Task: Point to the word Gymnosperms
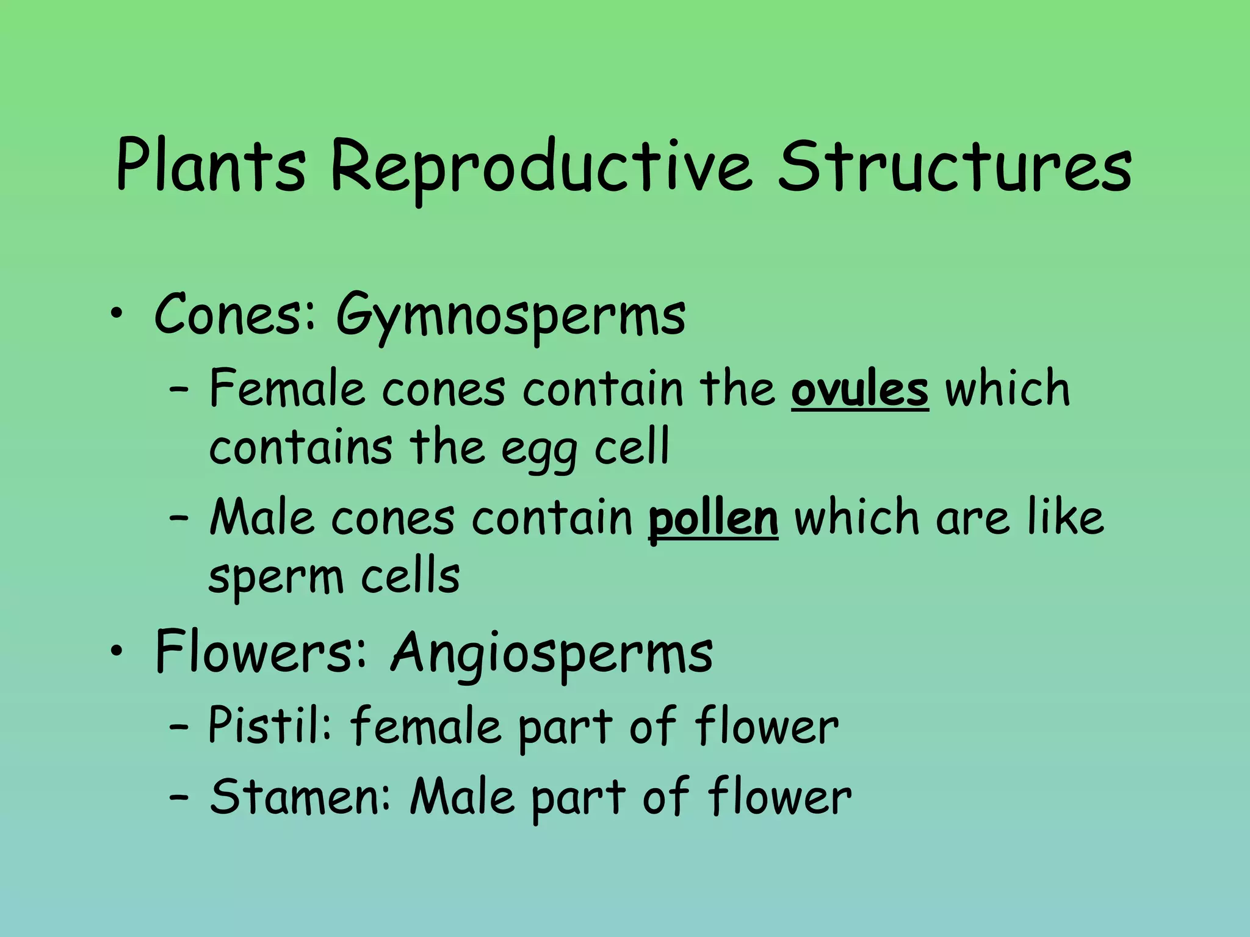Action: tap(511, 317)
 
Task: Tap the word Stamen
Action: tap(300, 797)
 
